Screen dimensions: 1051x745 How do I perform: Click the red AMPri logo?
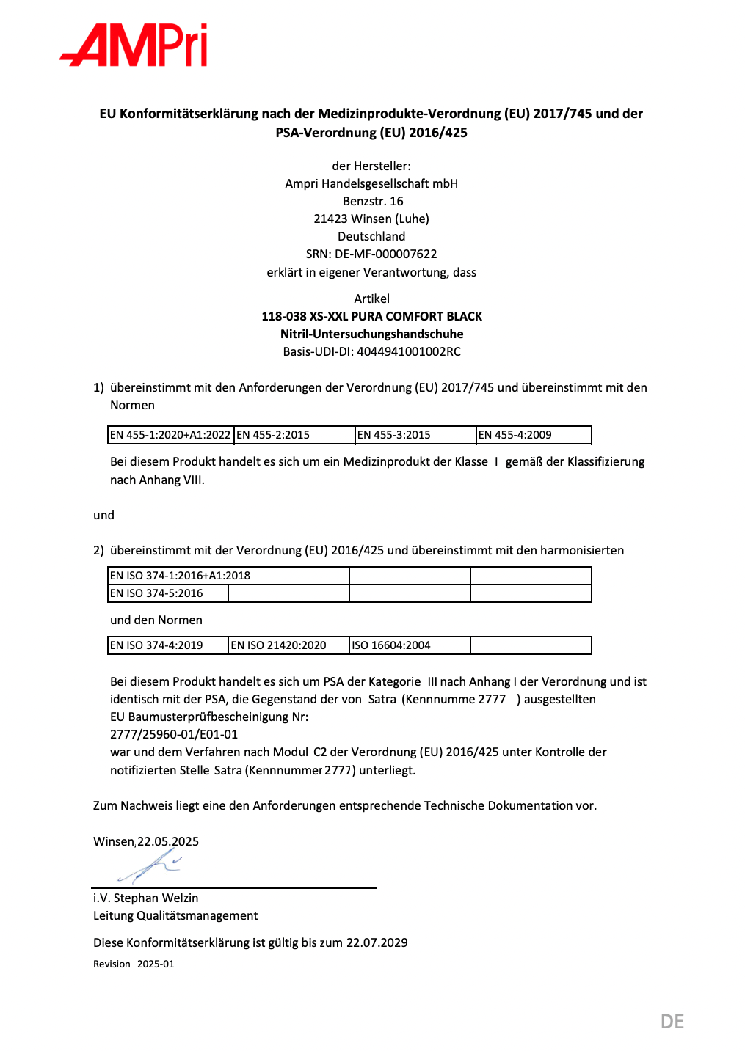pos(134,45)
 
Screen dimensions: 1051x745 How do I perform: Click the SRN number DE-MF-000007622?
pos(385,254)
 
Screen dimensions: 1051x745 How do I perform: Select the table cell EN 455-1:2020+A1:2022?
pos(170,435)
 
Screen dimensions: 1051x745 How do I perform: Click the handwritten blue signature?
pos(150,868)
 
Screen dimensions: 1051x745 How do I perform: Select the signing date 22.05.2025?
pos(168,841)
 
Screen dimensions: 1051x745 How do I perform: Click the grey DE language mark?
pos(672,1021)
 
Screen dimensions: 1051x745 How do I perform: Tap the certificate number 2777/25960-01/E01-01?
pos(174,734)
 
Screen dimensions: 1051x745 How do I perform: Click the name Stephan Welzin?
pos(156,898)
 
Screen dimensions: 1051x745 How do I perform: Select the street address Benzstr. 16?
pos(373,201)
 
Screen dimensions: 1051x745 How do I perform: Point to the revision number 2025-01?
pos(156,964)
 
